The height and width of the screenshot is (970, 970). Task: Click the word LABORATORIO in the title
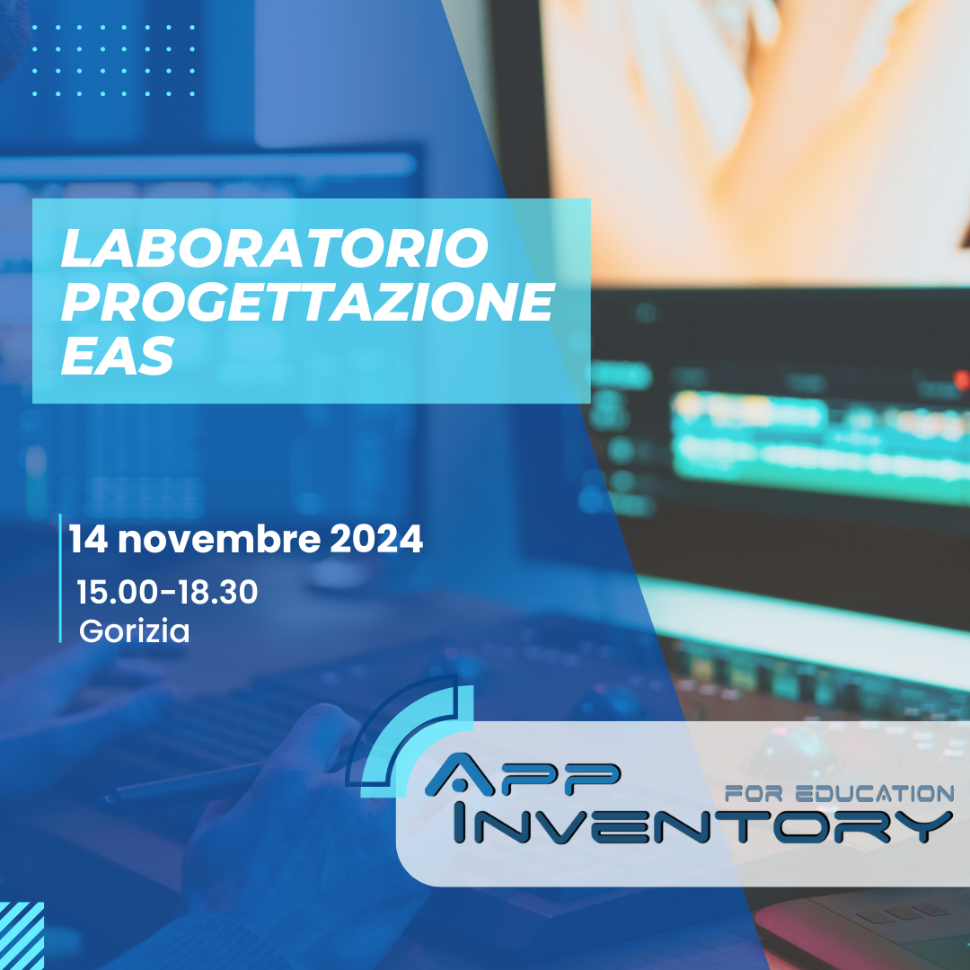(274, 249)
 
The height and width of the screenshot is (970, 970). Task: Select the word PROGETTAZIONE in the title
(305, 304)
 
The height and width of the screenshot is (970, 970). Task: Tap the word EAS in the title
(117, 357)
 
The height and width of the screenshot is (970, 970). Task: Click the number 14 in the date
(88, 541)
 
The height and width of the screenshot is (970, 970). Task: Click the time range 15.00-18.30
(167, 593)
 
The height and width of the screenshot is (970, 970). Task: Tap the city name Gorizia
(135, 631)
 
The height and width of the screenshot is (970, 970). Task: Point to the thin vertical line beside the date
(60, 578)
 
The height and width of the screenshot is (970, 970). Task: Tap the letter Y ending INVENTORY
(925, 825)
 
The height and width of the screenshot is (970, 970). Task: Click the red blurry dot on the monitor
(961, 381)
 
